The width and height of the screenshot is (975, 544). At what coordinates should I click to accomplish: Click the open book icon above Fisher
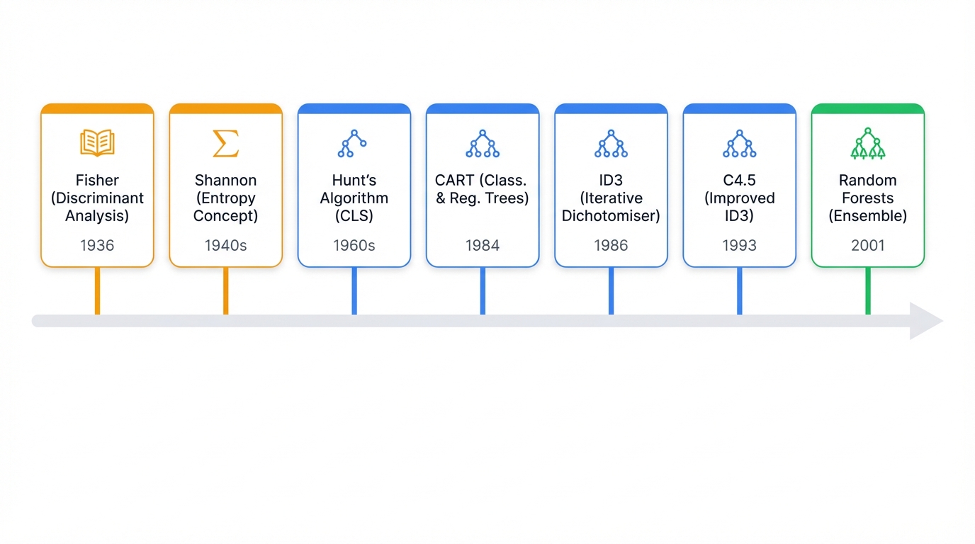click(x=97, y=144)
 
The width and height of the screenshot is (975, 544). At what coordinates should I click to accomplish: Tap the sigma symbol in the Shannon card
click(x=225, y=144)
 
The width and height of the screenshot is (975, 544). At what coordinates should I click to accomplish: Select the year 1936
click(x=97, y=246)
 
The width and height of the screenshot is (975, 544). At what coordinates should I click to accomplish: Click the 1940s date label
click(x=225, y=246)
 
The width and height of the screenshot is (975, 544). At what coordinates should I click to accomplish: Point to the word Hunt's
click(x=354, y=180)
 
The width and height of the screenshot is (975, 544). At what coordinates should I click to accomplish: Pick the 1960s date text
click(x=354, y=246)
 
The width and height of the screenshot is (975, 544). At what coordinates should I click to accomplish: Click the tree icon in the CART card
click(x=483, y=144)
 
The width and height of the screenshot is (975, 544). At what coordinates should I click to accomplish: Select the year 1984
click(x=483, y=246)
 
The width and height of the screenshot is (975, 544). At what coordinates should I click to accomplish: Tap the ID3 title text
click(x=611, y=180)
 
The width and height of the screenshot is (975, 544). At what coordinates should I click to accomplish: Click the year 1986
click(x=611, y=246)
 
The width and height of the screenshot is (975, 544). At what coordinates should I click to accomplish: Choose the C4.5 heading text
click(x=739, y=180)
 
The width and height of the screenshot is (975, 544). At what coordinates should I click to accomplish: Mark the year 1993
click(x=739, y=246)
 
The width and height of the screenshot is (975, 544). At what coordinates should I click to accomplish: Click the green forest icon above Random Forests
click(x=867, y=144)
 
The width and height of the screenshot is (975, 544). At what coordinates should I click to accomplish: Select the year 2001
click(x=867, y=246)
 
